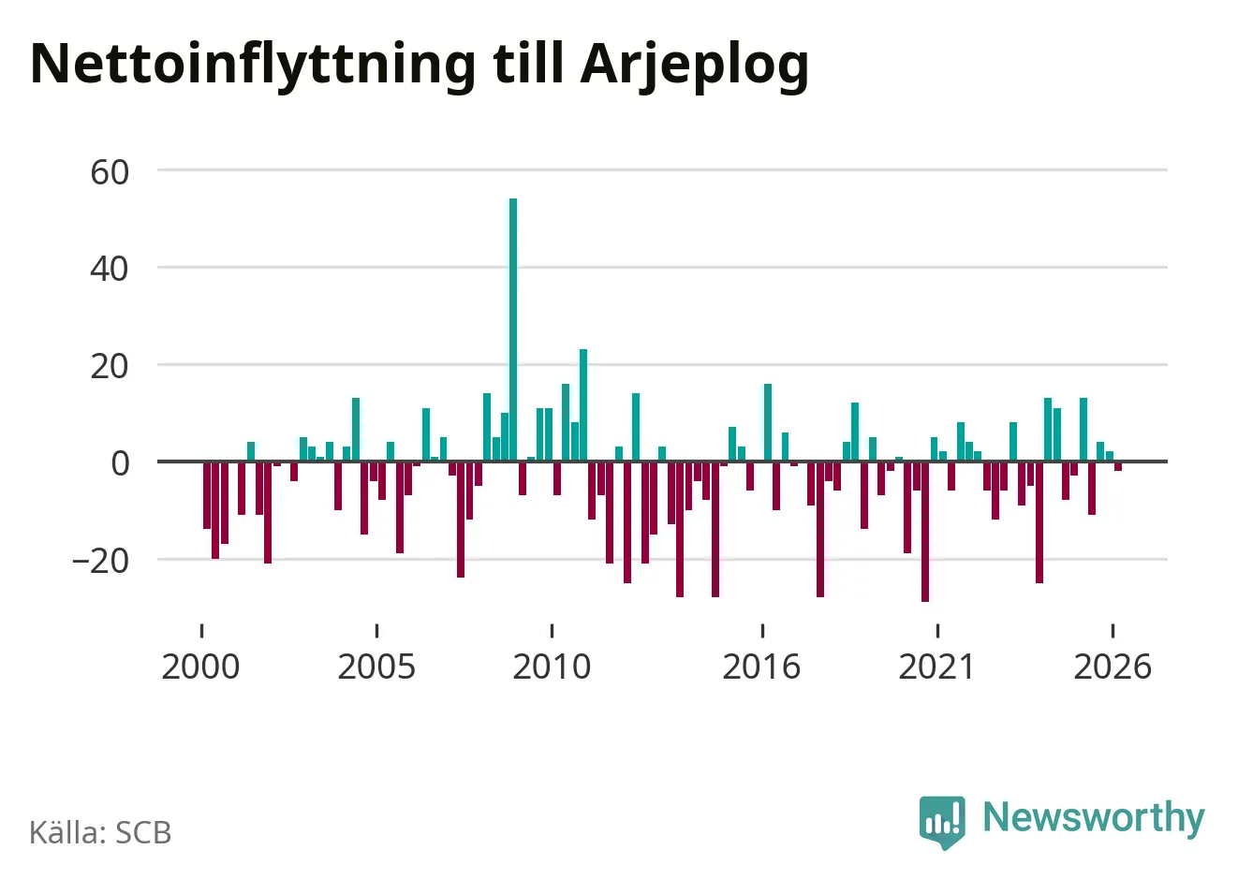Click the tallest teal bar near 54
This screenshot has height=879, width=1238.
click(x=513, y=330)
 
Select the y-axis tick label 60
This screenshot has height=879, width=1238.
click(x=110, y=172)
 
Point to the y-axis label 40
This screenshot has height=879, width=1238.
click(x=110, y=270)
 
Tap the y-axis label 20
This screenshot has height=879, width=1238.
click(x=110, y=367)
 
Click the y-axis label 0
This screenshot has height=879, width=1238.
click(x=121, y=463)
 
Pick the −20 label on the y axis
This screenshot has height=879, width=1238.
click(x=100, y=562)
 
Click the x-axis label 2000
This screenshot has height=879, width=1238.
click(x=200, y=667)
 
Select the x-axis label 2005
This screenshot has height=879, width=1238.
click(x=376, y=667)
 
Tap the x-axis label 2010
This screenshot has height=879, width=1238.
click(x=552, y=667)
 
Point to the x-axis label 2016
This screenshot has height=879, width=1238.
click(x=761, y=667)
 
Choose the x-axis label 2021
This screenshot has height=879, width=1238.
click(x=936, y=667)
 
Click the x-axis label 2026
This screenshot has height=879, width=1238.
click(x=1113, y=667)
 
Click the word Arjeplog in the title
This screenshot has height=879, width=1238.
click(x=695, y=66)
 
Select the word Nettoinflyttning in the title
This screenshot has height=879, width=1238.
click(x=253, y=66)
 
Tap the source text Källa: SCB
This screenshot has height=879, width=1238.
click(x=100, y=832)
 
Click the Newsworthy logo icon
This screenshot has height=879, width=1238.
click(x=942, y=822)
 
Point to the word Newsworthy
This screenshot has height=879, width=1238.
click(x=1094, y=819)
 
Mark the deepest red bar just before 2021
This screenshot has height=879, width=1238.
click(x=925, y=532)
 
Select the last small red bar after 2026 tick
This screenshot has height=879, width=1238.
click(x=1118, y=466)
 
